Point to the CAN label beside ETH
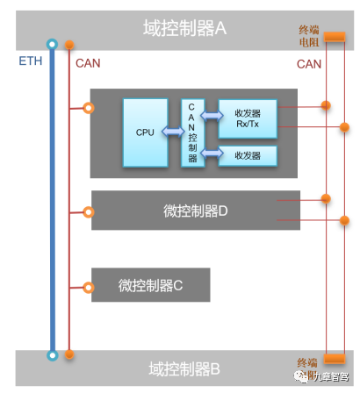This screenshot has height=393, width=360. click(88, 63)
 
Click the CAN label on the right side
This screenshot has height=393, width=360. click(309, 63)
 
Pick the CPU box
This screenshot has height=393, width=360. click(146, 132)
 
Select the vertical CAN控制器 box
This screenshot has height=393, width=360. click(192, 133)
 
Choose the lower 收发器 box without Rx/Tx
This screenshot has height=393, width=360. click(248, 155)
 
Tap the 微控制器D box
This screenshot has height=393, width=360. click(195, 211)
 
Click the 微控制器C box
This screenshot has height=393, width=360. click(150, 285)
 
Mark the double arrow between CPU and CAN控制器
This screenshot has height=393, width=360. click(175, 132)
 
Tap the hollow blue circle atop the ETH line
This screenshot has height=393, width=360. click(53, 43)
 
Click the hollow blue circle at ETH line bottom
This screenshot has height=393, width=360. click(53, 355)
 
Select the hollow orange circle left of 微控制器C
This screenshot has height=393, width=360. click(86, 286)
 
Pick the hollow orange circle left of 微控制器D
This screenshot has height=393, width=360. click(86, 211)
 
